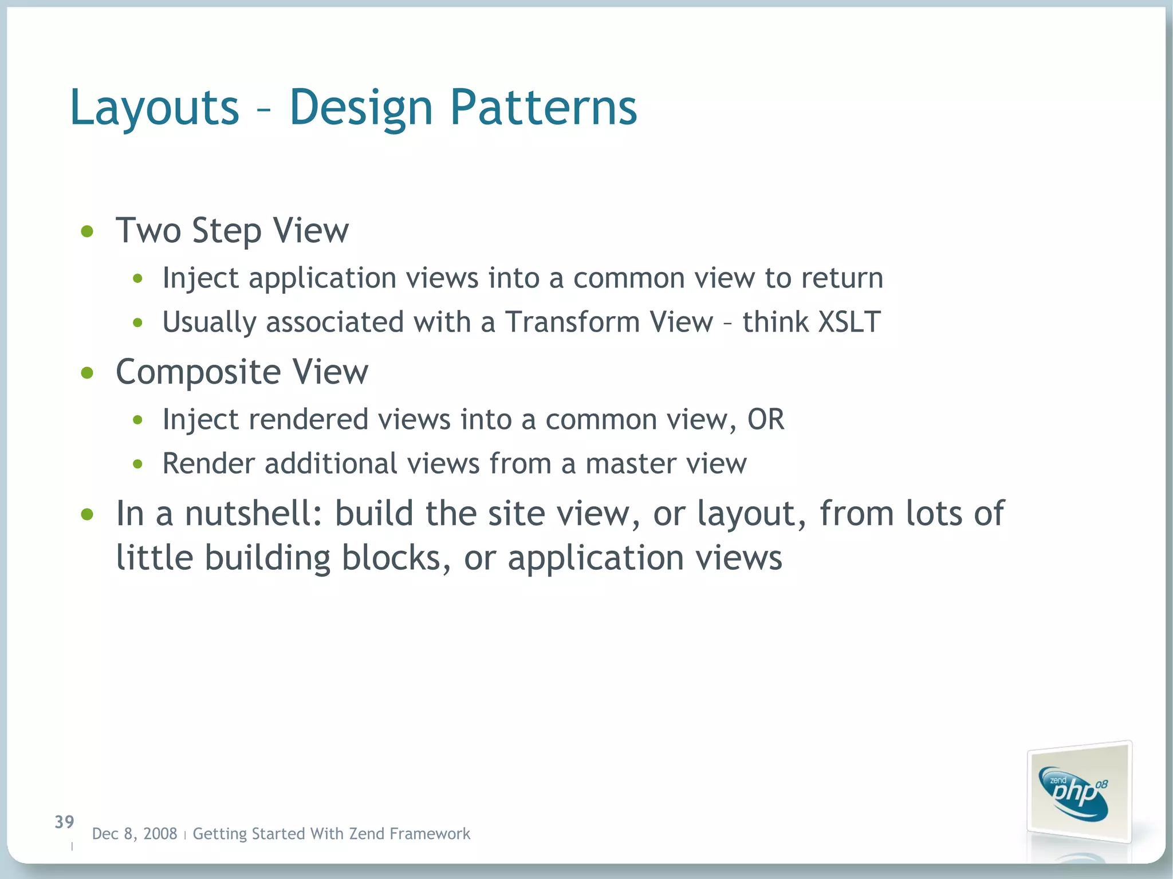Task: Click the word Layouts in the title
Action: [x=154, y=108]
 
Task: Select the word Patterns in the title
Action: [x=543, y=108]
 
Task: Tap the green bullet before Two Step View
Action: [x=87, y=231]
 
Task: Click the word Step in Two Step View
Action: [x=226, y=231]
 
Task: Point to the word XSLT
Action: [x=849, y=322]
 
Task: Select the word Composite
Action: [x=198, y=372]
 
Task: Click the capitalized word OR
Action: [x=765, y=420]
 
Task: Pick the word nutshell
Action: [x=253, y=513]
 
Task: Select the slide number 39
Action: [x=64, y=822]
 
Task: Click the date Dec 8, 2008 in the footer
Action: [x=135, y=834]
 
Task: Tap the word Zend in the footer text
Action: [x=367, y=834]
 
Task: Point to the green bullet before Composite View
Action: [x=87, y=373]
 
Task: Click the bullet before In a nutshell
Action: [x=87, y=514]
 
